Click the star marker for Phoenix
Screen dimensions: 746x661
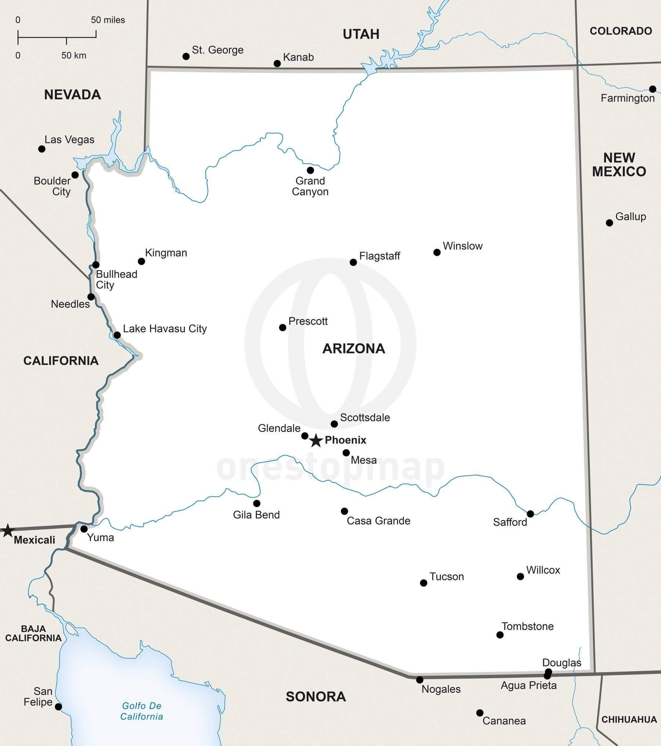tap(316, 440)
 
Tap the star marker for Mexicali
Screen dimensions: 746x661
tap(7, 531)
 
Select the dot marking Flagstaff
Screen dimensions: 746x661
tap(353, 262)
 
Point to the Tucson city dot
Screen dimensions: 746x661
tap(423, 583)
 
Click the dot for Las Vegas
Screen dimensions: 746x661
tap(42, 149)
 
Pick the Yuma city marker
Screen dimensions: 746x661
tap(84, 529)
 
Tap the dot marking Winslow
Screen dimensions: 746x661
tap(437, 252)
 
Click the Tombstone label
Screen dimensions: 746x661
tap(527, 626)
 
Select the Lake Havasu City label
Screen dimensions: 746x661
tap(165, 328)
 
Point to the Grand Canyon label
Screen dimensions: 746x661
tap(310, 186)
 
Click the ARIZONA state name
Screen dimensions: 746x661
tap(354, 348)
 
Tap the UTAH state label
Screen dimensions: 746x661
tap(361, 34)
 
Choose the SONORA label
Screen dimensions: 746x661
tap(316, 696)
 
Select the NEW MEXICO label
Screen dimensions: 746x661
tap(619, 164)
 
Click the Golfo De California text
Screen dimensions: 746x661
tap(142, 711)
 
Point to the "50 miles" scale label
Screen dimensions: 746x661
tap(108, 20)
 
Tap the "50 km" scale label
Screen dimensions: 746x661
tap(74, 55)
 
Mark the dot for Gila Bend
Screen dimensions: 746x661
tap(257, 503)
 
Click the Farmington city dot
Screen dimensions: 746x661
tap(653, 89)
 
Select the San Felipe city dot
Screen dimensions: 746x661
tap(58, 706)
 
